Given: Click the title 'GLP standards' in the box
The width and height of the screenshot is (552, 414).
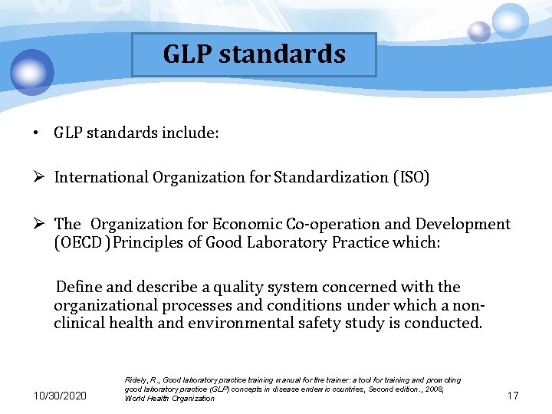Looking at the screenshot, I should coord(254,54).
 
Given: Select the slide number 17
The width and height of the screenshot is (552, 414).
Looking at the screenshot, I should coord(513,396).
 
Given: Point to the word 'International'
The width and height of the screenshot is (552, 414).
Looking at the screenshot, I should coord(101,178).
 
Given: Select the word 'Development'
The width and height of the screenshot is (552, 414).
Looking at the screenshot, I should coord(462,224).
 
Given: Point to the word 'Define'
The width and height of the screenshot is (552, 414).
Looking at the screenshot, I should coord(79,287).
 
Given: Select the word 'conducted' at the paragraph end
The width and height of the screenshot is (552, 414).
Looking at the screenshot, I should coord(447,323).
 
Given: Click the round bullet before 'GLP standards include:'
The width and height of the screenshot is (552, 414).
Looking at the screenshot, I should coord(36,133).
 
